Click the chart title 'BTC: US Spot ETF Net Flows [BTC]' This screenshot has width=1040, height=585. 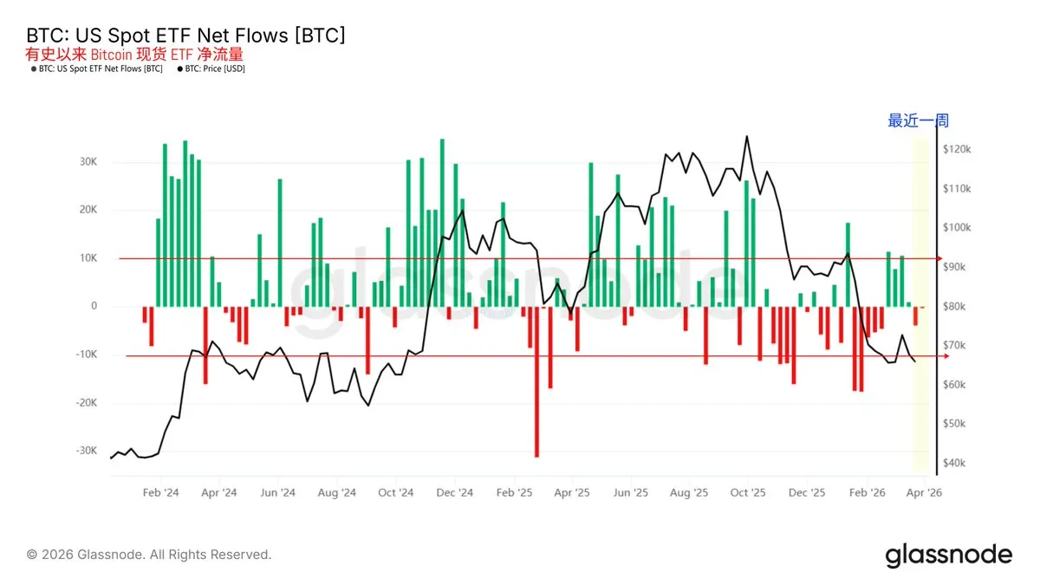tap(186, 36)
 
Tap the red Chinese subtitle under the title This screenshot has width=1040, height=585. tap(134, 54)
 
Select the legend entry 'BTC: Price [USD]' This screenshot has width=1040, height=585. tap(214, 69)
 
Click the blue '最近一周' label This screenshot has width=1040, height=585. tap(918, 121)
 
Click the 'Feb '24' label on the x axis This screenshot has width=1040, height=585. tap(160, 493)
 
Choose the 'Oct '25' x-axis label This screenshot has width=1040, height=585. tap(747, 493)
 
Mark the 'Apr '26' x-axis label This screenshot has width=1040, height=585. tap(924, 493)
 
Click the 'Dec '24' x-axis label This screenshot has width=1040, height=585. tap(454, 493)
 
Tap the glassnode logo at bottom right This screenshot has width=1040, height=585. tap(948, 556)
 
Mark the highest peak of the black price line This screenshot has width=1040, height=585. tap(746, 137)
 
